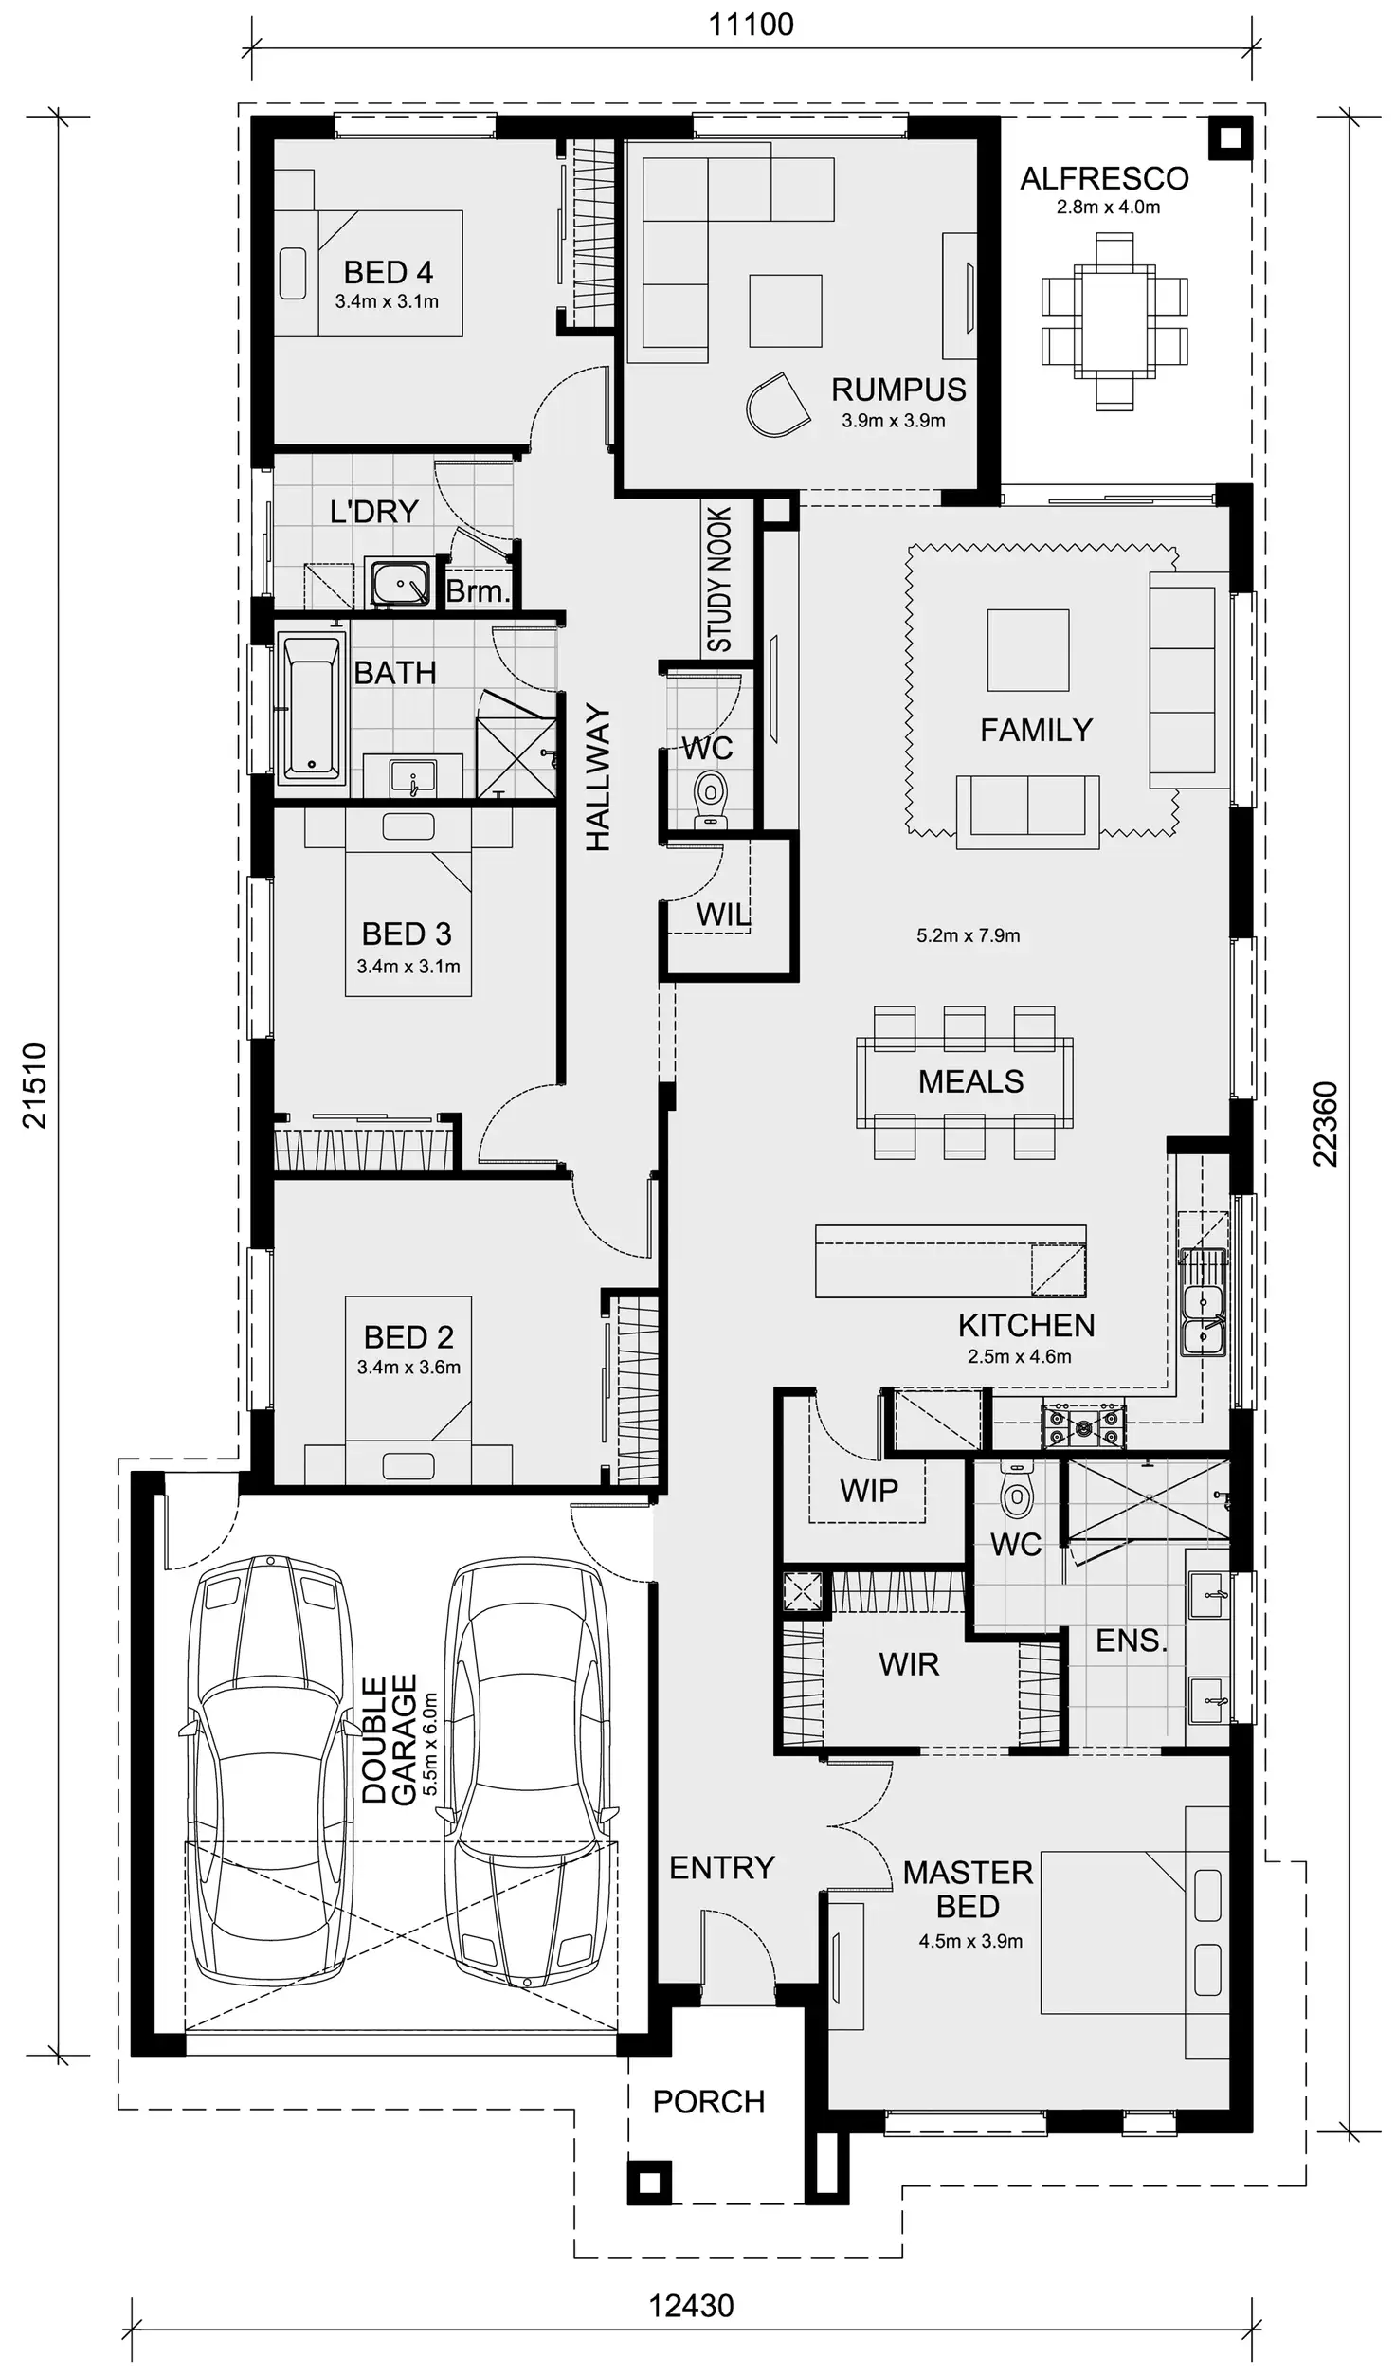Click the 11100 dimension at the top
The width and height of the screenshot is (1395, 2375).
click(x=751, y=25)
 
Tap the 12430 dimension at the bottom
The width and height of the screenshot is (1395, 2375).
click(x=690, y=2306)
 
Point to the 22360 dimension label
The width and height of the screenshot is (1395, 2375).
click(x=1326, y=1124)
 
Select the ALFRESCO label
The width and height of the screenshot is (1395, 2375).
click(x=1104, y=178)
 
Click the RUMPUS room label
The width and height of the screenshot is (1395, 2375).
click(x=897, y=390)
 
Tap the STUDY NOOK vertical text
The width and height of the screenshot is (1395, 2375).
click(x=720, y=579)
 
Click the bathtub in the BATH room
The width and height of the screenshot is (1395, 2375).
click(x=311, y=706)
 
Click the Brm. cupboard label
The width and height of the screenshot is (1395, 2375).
click(x=478, y=591)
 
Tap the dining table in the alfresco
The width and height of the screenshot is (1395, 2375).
click(x=1114, y=322)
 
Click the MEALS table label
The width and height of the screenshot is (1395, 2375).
click(x=970, y=1081)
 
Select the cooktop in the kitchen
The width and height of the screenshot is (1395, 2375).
click(x=1084, y=1424)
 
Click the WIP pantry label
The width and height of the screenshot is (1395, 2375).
click(x=868, y=1491)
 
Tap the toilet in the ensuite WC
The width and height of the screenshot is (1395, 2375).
click(x=1016, y=1495)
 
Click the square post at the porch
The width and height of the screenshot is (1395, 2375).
click(x=649, y=2184)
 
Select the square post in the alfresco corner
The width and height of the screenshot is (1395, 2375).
click(x=1229, y=138)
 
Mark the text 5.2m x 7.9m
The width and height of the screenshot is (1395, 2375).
click(x=968, y=935)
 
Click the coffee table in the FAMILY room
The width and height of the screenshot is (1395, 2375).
click(x=1027, y=649)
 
